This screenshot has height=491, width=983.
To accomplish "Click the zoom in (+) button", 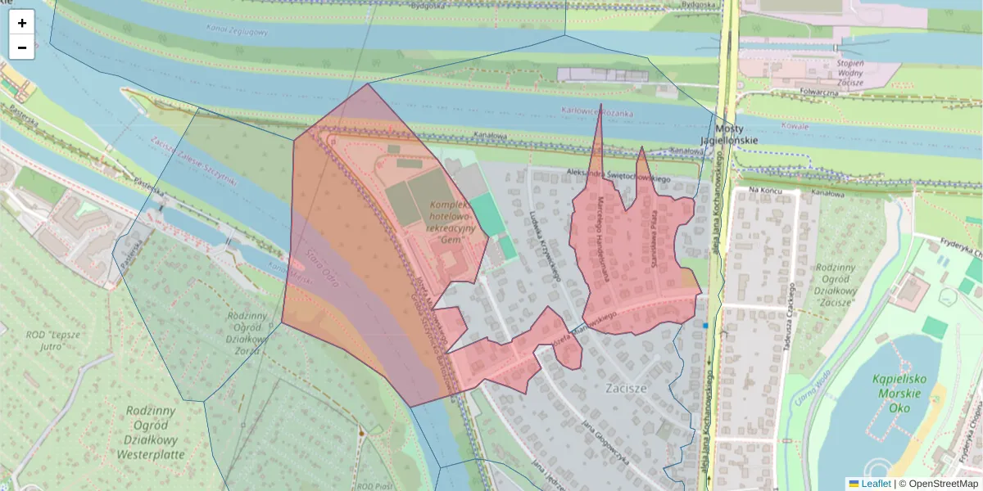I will click(x=22, y=23).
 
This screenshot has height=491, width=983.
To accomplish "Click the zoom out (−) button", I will click(x=22, y=47).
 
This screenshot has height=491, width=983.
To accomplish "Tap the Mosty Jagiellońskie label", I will click(x=728, y=134).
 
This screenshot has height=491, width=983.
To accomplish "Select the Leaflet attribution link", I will click(x=876, y=484).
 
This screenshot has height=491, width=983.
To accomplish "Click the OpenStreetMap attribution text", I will click(x=944, y=484).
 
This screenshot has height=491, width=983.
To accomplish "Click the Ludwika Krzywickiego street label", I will click(x=544, y=245).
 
